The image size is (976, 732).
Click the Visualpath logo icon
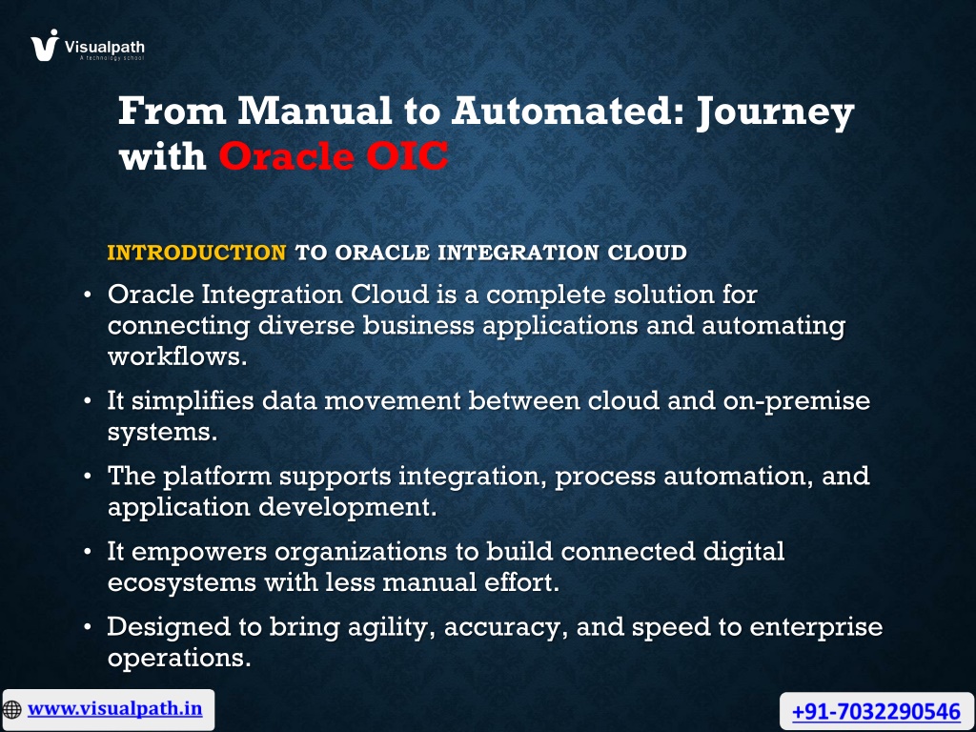pyautogui.click(x=45, y=46)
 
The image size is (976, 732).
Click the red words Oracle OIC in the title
pyautogui.click(x=334, y=155)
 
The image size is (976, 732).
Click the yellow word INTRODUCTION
pyautogui.click(x=196, y=253)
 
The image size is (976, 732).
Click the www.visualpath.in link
pyautogui.click(x=115, y=709)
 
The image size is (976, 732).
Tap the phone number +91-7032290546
pyautogui.click(x=877, y=711)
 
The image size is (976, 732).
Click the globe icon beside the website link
pyautogui.click(x=12, y=709)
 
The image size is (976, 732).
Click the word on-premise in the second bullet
pyautogui.click(x=797, y=401)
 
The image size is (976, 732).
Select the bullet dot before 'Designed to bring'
pyautogui.click(x=88, y=626)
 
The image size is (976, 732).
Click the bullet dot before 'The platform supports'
pyautogui.click(x=88, y=477)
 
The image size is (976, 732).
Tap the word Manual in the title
pyautogui.click(x=315, y=111)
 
